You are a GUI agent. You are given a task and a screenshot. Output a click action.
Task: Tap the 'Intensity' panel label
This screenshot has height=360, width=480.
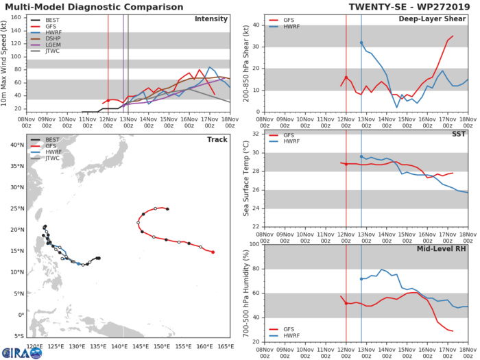(x=211, y=19)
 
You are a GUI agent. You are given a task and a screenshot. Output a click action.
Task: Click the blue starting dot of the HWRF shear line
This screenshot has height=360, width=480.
(x=361, y=43)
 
